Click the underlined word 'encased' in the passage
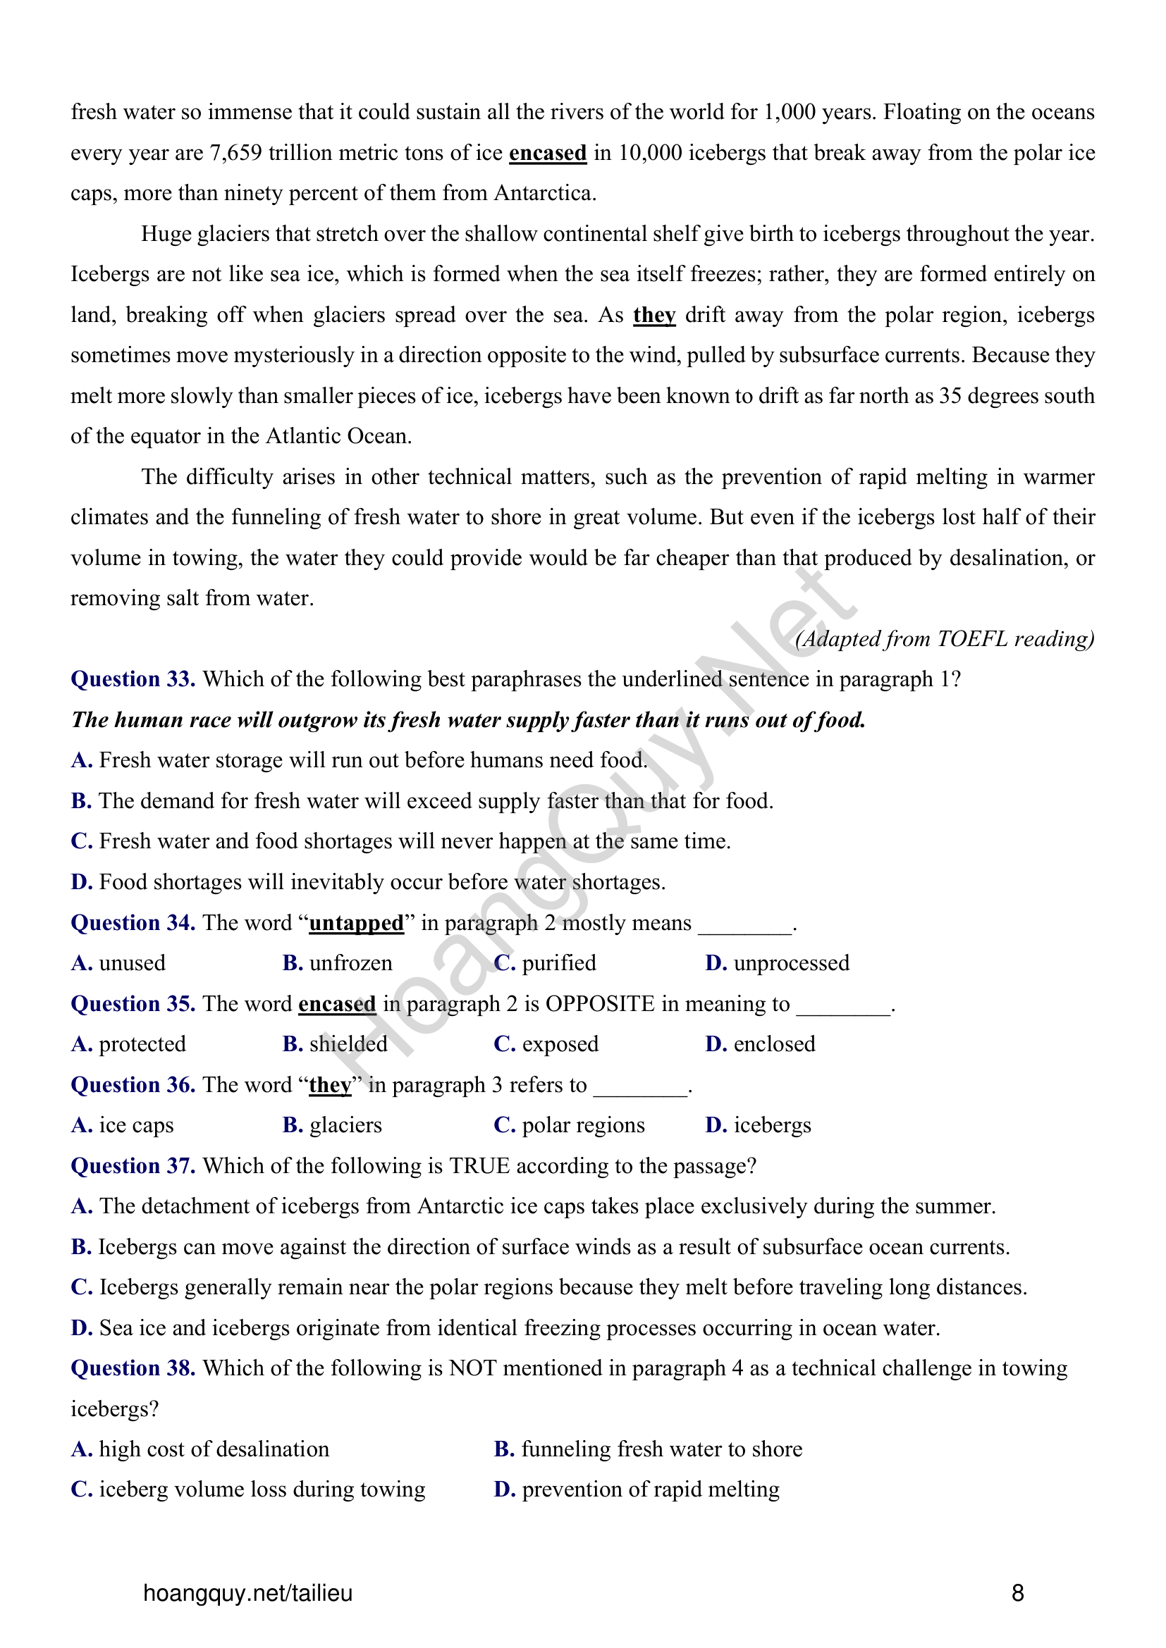[x=547, y=153]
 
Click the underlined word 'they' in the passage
[x=654, y=315]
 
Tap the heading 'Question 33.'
[x=133, y=679]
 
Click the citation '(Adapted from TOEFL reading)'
[x=944, y=638]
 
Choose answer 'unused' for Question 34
[x=132, y=962]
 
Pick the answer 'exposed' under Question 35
[x=560, y=1043]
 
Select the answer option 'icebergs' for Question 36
[x=772, y=1125]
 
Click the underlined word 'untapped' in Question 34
[x=356, y=922]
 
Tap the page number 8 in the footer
[x=1017, y=1593]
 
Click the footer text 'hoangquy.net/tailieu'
[x=247, y=1593]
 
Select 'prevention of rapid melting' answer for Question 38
[x=651, y=1489]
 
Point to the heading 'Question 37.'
[x=133, y=1165]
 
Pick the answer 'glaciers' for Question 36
[x=345, y=1125]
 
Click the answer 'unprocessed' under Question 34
[x=791, y=962]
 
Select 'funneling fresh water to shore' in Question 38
[x=661, y=1449]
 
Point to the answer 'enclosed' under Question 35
[x=774, y=1043]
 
